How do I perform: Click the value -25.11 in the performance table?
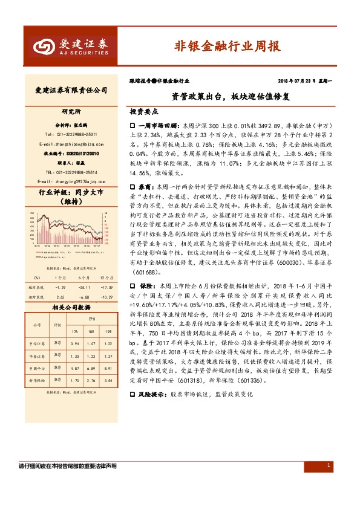85,287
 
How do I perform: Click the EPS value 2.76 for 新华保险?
91,380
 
